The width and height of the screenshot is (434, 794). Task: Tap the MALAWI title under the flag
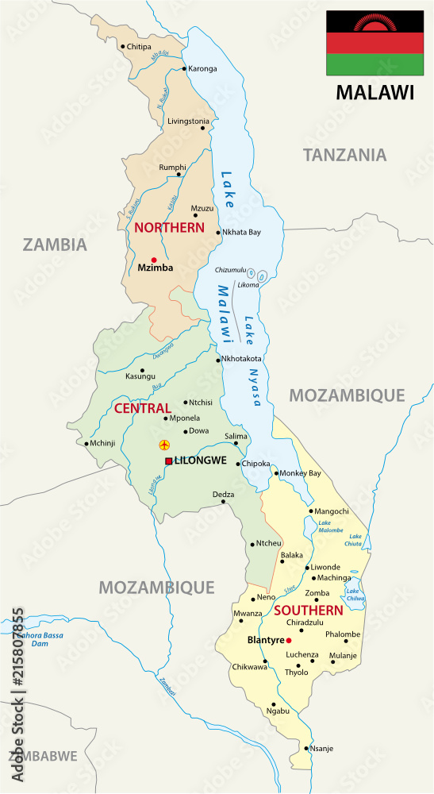coord(374,92)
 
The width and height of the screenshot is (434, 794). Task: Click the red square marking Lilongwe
coord(168,461)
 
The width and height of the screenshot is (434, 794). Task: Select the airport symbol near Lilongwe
coord(165,444)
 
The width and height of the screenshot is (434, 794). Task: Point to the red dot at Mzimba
coord(154,260)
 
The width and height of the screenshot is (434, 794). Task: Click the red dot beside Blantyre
coord(289,640)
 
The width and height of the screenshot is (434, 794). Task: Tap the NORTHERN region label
coord(169,227)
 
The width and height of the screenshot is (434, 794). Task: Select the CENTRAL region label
coord(143,408)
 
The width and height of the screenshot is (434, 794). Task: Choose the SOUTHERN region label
coord(308,611)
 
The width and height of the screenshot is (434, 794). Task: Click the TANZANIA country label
coord(344,155)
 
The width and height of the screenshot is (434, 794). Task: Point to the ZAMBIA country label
coord(54,244)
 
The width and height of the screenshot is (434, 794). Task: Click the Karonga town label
coord(202,68)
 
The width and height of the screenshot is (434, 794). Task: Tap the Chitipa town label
coord(139,47)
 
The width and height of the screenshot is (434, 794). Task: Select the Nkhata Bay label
coord(242,233)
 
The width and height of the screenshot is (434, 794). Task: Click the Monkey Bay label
coord(301,473)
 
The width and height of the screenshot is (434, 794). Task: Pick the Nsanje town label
coord(322,748)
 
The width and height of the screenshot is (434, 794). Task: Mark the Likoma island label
coord(248,283)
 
